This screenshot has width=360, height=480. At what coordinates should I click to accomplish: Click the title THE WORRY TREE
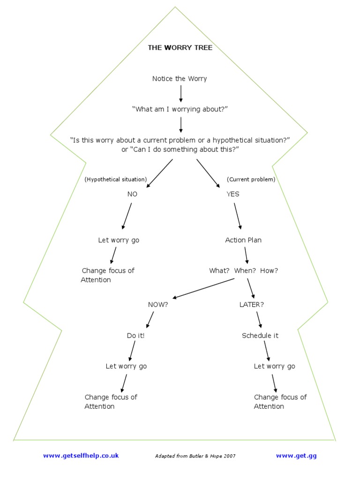pyautogui.click(x=180, y=47)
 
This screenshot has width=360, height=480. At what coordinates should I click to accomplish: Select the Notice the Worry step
pyautogui.click(x=180, y=78)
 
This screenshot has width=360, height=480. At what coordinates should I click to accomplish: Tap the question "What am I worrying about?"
pyautogui.click(x=180, y=109)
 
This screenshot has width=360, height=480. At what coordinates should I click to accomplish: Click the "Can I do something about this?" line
pyautogui.click(x=180, y=149)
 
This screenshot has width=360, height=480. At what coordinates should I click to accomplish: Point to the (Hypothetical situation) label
pyautogui.click(x=116, y=179)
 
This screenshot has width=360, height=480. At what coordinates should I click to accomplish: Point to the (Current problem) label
pyautogui.click(x=251, y=179)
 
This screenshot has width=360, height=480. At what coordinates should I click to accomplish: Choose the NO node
pyautogui.click(x=133, y=194)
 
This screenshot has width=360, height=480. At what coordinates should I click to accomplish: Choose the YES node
pyautogui.click(x=233, y=194)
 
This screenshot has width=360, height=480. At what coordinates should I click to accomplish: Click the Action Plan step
pyautogui.click(x=243, y=240)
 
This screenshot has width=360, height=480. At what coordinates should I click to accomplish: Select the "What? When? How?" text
pyautogui.click(x=243, y=270)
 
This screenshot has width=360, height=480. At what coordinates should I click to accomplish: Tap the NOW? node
pyautogui.click(x=158, y=304)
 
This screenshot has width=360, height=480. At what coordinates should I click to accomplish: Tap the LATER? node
pyautogui.click(x=252, y=304)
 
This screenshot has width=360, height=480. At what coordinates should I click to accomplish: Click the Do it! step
pyautogui.click(x=135, y=336)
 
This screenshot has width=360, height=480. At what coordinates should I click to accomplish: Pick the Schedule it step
pyautogui.click(x=260, y=336)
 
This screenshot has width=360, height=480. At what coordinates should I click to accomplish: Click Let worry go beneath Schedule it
pyautogui.click(x=274, y=366)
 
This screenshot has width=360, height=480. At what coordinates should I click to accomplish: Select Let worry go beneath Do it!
pyautogui.click(x=126, y=366)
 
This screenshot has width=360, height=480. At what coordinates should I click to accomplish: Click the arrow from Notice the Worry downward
pyautogui.click(x=181, y=93)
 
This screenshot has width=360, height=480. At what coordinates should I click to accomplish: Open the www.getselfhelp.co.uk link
pyautogui.click(x=81, y=455)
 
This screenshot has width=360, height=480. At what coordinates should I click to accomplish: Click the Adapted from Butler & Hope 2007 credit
pyautogui.click(x=195, y=456)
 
